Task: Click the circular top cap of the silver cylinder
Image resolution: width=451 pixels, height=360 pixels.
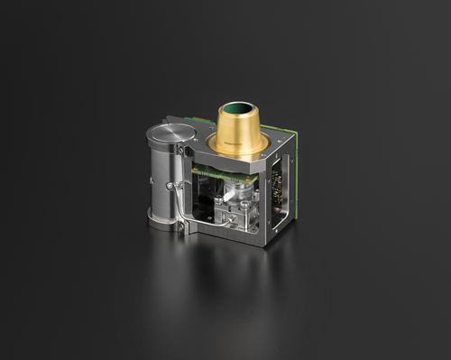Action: tap(169, 137)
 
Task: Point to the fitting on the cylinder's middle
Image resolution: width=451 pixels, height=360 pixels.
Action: tap(174, 187)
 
